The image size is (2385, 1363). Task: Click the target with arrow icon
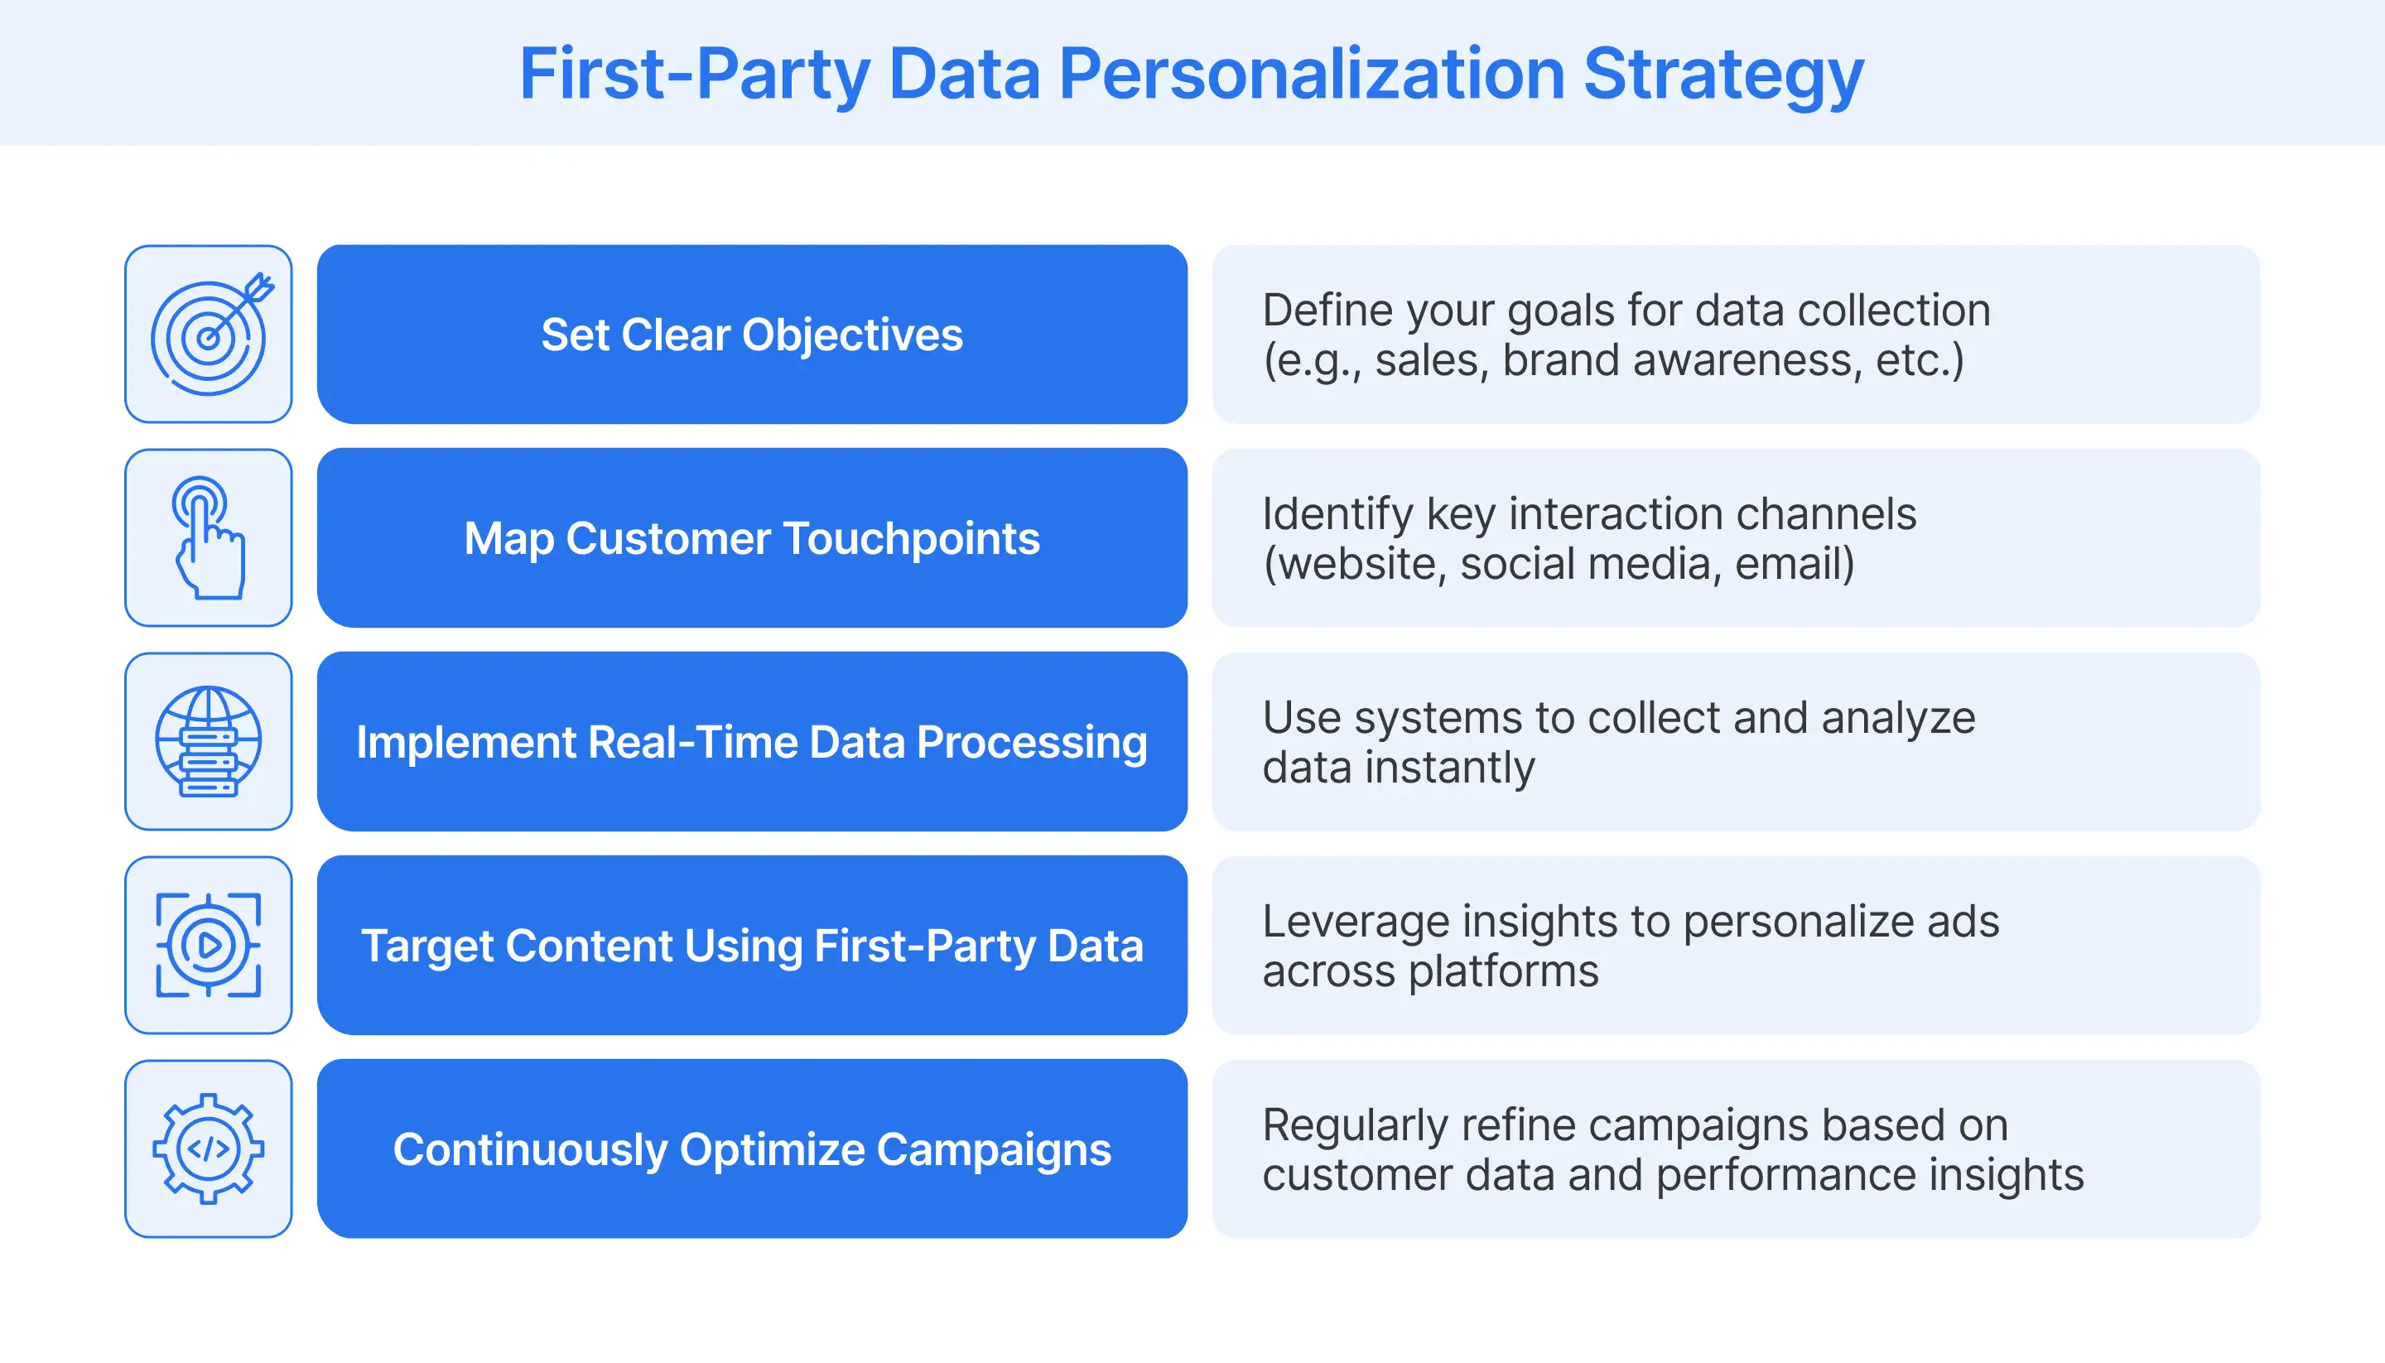(209, 335)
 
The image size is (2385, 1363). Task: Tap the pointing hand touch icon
(209, 538)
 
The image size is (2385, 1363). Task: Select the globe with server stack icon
(209, 741)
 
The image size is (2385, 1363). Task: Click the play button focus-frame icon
(209, 946)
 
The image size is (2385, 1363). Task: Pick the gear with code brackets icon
(209, 1149)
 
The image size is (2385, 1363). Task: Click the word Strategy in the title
(1723, 75)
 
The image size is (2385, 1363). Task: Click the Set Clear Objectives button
(752, 335)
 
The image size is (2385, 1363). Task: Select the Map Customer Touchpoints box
(752, 538)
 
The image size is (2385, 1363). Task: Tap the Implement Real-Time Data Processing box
(752, 741)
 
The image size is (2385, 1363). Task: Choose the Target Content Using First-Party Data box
(752, 946)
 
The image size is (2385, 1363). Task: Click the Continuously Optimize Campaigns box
(752, 1149)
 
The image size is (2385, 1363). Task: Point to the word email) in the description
(1795, 565)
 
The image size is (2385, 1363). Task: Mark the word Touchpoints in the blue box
(911, 539)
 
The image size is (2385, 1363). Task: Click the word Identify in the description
(1337, 515)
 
